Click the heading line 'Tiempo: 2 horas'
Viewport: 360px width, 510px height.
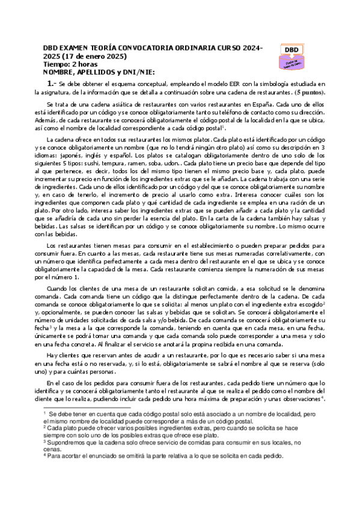pyautogui.click(x=71, y=64)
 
